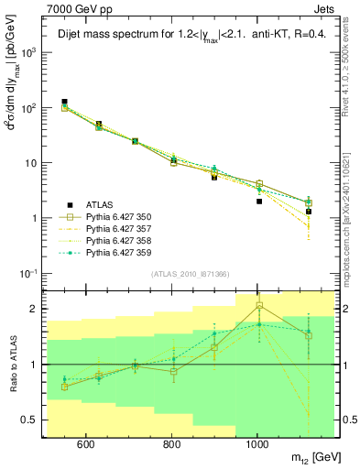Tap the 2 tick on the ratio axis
click(x=34, y=309)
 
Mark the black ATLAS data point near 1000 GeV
click(x=259, y=202)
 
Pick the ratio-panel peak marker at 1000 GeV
click(x=259, y=305)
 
